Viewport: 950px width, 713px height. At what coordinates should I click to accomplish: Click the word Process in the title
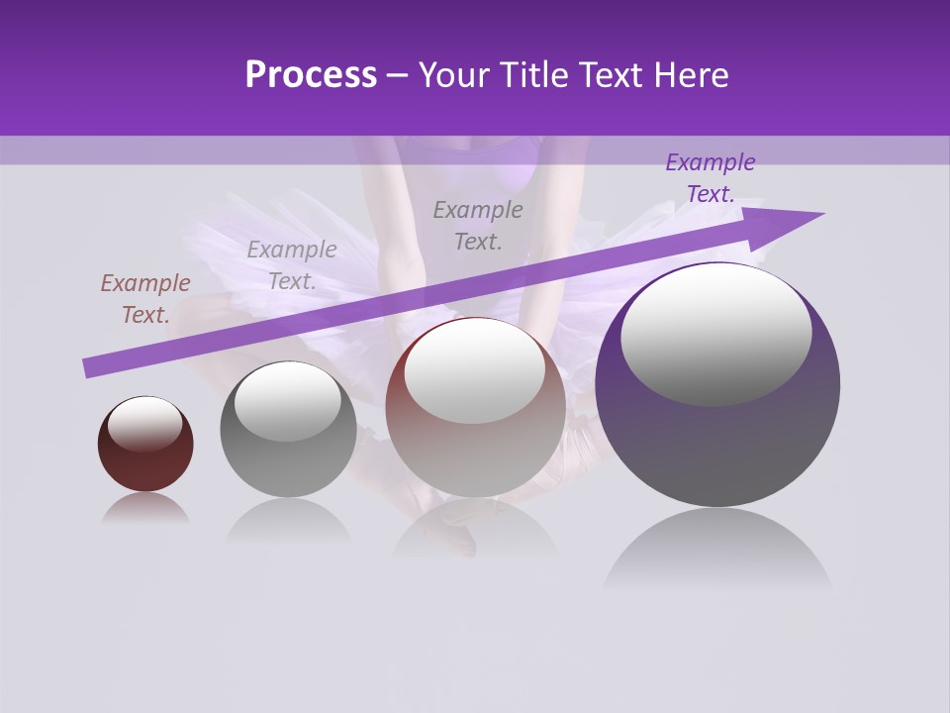click(x=311, y=75)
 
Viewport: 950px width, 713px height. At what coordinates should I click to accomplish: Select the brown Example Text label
click(x=145, y=299)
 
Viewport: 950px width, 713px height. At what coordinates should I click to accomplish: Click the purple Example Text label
click(x=711, y=178)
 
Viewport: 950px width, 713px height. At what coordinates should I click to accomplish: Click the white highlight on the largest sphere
click(x=716, y=334)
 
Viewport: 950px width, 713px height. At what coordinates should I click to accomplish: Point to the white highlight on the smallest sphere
click(x=145, y=424)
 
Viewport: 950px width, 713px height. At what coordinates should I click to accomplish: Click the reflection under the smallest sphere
click(x=145, y=508)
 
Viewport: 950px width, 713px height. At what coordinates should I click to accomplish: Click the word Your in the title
click(x=455, y=75)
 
